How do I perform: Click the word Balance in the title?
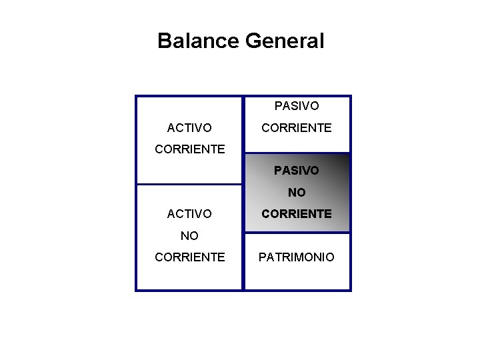(x=199, y=41)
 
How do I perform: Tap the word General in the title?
(x=285, y=41)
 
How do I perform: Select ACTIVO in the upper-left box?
(x=189, y=127)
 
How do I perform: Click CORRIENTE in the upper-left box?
(x=189, y=149)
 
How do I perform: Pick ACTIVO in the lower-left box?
(x=189, y=214)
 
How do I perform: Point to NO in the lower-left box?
(x=189, y=235)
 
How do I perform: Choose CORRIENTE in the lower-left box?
(x=189, y=257)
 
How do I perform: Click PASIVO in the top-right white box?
(x=297, y=106)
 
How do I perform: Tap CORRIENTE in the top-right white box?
(x=297, y=127)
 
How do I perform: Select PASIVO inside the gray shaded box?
(x=297, y=171)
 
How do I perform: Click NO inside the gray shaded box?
(x=297, y=193)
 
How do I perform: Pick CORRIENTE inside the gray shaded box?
(x=297, y=214)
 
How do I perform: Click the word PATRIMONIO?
(x=297, y=257)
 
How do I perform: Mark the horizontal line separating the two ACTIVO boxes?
(x=189, y=184)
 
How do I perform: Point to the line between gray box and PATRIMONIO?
(x=297, y=233)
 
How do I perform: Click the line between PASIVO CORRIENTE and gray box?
(x=297, y=153)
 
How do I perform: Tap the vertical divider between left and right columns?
(x=243, y=200)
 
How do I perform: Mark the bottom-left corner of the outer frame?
(x=136, y=290)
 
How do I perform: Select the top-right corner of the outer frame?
(x=350, y=97)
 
